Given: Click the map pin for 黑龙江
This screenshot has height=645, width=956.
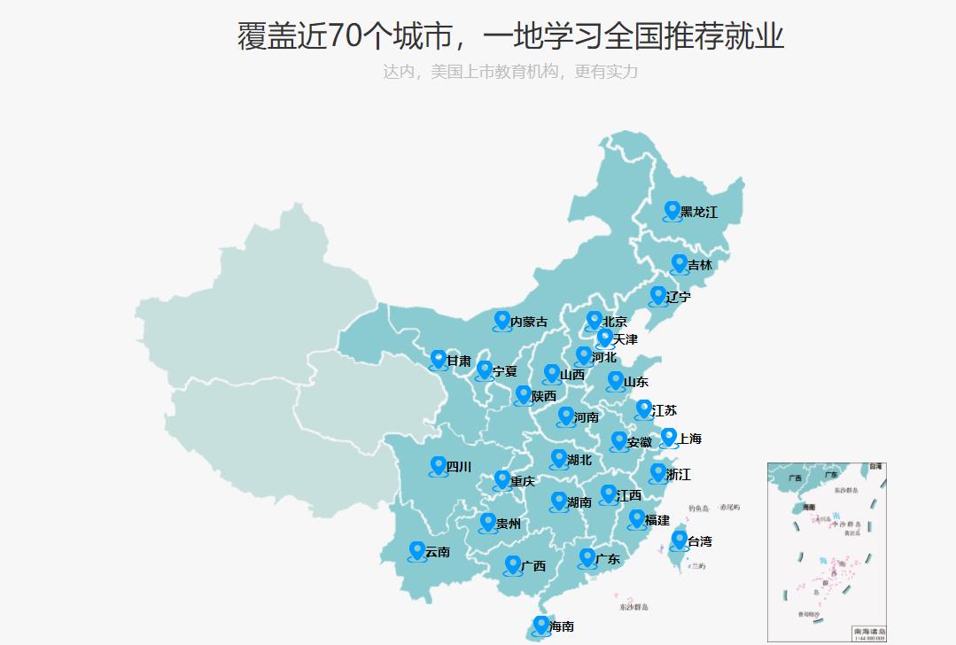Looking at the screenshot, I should [x=672, y=210].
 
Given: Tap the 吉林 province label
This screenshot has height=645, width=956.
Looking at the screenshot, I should [x=700, y=265].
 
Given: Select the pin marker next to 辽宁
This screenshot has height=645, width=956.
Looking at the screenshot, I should [x=657, y=295].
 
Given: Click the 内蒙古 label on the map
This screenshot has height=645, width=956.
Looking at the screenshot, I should [x=529, y=322].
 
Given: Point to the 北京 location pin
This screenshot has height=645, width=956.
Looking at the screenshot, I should [x=594, y=320].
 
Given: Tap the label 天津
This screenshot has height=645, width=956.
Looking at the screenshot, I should [x=625, y=339].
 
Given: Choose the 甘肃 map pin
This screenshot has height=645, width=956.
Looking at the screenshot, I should [x=438, y=359].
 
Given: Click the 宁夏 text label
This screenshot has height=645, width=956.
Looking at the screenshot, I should [x=504, y=371].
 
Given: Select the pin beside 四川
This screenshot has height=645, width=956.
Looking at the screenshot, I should [x=438, y=465].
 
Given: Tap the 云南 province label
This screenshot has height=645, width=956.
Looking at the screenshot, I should [x=438, y=552].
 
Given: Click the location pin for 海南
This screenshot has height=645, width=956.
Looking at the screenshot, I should [x=540, y=625].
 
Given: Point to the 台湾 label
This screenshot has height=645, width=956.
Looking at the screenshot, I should [x=699, y=541].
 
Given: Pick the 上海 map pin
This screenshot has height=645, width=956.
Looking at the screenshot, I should [x=669, y=437].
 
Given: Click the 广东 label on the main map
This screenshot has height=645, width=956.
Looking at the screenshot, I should [x=608, y=559].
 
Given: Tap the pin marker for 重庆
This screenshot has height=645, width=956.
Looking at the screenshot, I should [x=501, y=479].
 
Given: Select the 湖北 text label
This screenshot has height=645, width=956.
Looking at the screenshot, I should [x=579, y=460].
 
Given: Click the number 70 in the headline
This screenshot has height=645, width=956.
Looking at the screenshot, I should [x=345, y=36].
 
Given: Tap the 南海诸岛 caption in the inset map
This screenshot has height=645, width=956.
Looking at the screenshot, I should [x=868, y=630].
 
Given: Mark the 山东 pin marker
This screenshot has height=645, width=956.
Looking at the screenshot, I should [x=615, y=380].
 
